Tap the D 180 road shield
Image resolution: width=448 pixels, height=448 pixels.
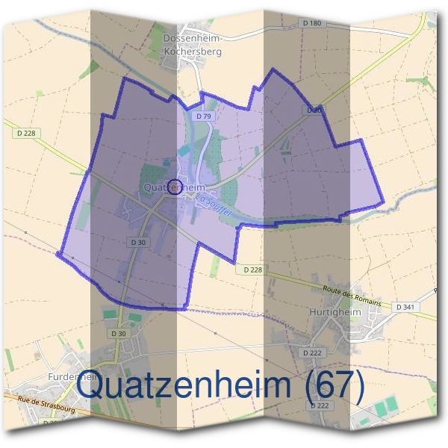(x=314, y=23)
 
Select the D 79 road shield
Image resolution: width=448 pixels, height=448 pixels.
(x=202, y=116)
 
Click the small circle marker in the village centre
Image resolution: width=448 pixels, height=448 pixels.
(x=175, y=186)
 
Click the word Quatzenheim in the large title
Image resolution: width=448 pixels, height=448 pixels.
(x=187, y=386)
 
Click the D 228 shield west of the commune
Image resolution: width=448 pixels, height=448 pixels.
(x=25, y=133)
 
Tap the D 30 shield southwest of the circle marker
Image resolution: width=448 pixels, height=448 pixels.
(x=137, y=243)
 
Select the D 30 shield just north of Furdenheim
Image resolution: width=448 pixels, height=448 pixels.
(x=117, y=333)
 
